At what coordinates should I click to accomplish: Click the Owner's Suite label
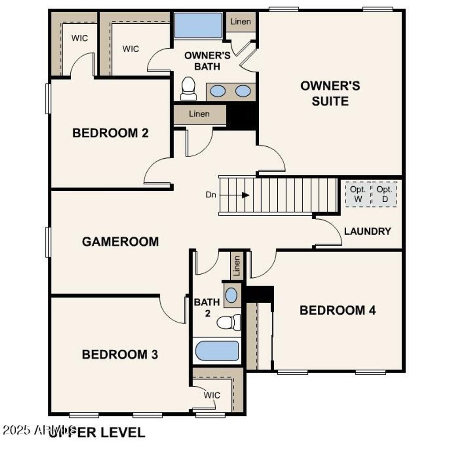(330, 93)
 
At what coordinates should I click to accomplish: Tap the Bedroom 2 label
(110, 133)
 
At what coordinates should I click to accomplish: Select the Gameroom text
(120, 242)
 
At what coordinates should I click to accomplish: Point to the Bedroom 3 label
(120, 354)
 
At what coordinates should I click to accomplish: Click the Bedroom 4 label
(337, 310)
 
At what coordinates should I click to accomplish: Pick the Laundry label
(367, 231)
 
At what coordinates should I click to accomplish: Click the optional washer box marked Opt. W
(357, 194)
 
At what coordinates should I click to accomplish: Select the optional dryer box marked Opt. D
(385, 194)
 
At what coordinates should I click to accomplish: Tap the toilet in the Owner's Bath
(189, 88)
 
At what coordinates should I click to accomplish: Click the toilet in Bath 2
(229, 322)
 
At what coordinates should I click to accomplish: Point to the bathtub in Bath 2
(217, 351)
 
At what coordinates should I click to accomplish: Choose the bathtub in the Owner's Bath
(198, 25)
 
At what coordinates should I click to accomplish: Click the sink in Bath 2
(231, 295)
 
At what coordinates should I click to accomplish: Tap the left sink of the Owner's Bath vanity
(218, 91)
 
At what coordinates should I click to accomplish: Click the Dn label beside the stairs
(211, 195)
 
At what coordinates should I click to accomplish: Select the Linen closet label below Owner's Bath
(199, 114)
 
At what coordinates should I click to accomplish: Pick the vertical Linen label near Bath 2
(237, 266)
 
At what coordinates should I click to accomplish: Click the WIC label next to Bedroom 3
(212, 395)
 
